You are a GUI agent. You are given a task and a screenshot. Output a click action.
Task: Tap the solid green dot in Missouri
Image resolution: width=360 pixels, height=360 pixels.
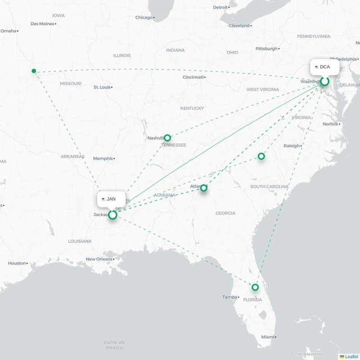coord(34,71)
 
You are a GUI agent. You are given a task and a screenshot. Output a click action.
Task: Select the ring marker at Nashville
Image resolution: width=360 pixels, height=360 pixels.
coord(167,138)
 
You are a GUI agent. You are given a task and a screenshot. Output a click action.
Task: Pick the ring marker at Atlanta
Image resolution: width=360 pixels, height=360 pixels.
coord(204,188)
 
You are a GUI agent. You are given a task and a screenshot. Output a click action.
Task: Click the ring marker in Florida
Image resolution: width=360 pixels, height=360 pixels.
coord(255,287)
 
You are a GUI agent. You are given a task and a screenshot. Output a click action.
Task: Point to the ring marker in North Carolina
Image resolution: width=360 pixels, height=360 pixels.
coord(261,156)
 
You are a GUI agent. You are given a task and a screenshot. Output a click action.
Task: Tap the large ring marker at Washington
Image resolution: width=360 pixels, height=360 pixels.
coord(324,81)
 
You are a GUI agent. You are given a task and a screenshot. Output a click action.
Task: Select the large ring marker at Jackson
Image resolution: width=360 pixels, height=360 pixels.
coord(112,215)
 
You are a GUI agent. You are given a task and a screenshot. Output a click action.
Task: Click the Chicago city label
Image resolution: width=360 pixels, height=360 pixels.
coord(144,18)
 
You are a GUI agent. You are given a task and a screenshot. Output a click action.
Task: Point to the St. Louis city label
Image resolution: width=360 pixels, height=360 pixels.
coord(102,87)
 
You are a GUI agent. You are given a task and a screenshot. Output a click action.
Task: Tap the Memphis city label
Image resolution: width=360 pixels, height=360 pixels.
coord(103,158)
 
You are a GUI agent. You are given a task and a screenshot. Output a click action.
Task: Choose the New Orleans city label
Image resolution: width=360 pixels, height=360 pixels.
coord(99,259)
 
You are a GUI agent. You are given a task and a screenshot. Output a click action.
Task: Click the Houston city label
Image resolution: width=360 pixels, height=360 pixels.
coord(17,263)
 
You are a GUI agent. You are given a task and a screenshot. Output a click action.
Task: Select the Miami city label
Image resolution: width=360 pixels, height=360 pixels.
coord(268,337)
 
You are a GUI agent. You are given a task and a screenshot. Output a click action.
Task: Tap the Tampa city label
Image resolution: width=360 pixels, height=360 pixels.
coord(229,297)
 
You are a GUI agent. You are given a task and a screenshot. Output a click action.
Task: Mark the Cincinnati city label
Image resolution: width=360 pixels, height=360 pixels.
coord(193,77)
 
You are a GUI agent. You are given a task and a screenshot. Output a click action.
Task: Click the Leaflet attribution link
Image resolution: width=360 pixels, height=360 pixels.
coord(351,356)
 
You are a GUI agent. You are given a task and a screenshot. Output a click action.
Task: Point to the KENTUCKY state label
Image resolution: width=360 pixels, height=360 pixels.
coord(192,108)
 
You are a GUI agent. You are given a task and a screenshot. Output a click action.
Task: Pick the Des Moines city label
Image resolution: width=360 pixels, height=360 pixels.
coord(42,23)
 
